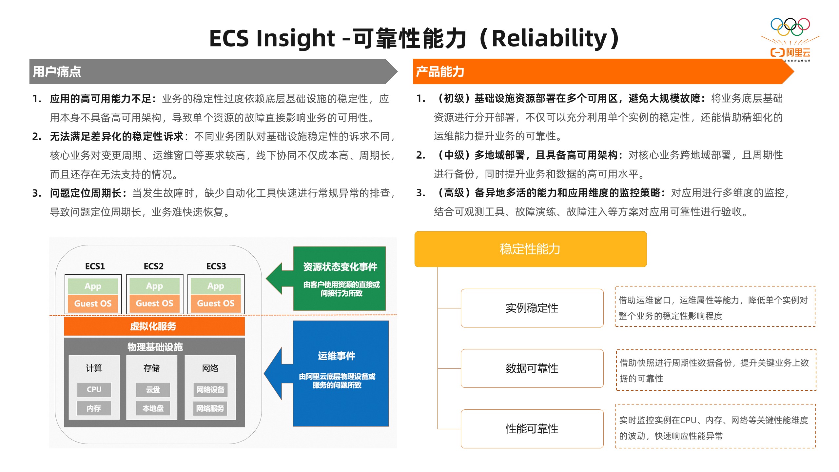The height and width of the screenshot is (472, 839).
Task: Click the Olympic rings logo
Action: [790, 27]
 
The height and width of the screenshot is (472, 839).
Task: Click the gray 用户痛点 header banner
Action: [213, 71]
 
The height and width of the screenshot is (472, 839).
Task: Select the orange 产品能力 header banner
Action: [603, 71]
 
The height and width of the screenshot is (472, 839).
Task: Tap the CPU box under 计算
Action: [94, 389]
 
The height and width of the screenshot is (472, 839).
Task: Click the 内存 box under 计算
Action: [94, 408]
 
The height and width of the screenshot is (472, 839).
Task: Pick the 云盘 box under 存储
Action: [153, 389]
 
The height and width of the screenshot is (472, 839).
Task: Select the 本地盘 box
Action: [153, 408]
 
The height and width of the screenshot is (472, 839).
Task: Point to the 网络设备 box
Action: [210, 389]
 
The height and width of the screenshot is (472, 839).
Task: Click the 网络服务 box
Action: [210, 408]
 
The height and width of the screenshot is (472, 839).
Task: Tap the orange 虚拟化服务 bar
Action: [154, 326]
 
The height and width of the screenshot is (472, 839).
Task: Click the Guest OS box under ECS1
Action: [93, 304]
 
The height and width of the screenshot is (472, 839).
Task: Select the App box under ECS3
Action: [216, 286]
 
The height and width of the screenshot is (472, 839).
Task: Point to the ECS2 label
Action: [154, 266]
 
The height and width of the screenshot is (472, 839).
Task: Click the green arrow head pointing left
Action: [275, 279]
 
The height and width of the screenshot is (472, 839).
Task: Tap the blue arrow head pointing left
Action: [273, 374]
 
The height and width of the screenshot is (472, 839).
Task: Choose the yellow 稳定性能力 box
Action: [531, 249]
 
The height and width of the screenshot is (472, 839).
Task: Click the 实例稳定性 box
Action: [532, 308]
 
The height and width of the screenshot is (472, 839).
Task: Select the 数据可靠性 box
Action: [532, 368]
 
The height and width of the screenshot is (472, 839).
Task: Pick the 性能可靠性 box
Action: [532, 429]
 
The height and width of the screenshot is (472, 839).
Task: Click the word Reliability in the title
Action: [550, 39]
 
